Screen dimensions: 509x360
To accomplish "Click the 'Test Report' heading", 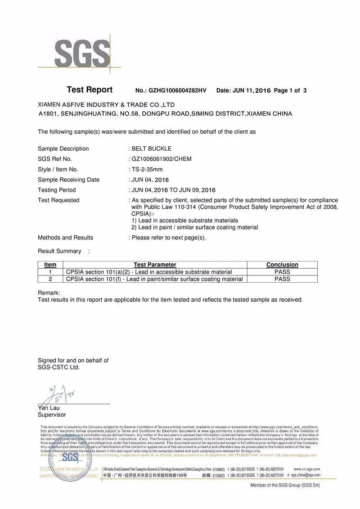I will coord(90,90).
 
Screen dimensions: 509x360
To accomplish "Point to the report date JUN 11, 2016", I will coord(252,90).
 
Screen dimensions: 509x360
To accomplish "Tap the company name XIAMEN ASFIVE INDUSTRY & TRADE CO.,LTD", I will coord(106,105).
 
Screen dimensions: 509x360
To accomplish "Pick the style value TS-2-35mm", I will coord(147,169).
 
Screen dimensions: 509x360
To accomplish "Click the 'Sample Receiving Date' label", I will coord(68,180).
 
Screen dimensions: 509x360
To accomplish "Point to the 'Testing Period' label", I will coord(57,190).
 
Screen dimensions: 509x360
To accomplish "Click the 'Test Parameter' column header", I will coord(155,265).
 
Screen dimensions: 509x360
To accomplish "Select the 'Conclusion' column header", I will coord(282,265).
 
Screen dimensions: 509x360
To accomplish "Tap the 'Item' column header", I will coord(50,265).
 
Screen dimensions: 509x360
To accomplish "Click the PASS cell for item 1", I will coord(282,272).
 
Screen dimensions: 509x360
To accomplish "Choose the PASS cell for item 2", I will coord(282,279).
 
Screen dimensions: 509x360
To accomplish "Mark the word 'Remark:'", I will coord(49,293).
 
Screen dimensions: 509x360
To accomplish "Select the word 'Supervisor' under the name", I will coord(52,414).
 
